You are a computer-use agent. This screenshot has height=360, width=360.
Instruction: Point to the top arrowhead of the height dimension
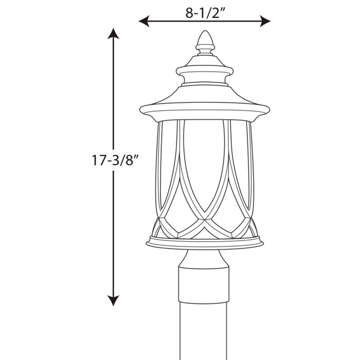(113, 34)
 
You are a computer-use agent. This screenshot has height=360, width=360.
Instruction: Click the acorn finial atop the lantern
(205, 40)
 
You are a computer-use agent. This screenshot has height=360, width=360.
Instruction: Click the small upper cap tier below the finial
(205, 68)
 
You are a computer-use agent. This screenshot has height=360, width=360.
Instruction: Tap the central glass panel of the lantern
(205, 165)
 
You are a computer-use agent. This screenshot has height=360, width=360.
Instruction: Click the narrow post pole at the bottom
(205, 319)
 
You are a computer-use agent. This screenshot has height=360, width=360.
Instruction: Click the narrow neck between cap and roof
(205, 82)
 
